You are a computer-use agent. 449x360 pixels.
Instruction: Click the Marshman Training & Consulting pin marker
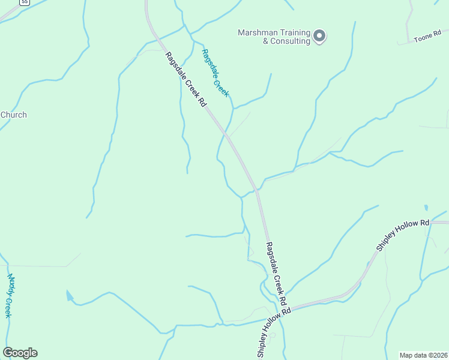[319, 36]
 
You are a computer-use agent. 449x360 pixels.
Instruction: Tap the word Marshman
[256, 32]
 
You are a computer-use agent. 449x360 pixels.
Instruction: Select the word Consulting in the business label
[290, 41]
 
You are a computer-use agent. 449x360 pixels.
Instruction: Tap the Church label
[13, 115]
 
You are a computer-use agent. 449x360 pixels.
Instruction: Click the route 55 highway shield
[24, 2]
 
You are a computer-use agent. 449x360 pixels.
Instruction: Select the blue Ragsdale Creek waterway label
[215, 72]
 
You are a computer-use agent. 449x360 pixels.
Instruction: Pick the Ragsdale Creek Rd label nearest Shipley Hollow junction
[277, 274]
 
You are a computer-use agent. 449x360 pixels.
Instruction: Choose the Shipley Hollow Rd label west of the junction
[274, 332]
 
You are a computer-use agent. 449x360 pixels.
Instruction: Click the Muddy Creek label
[9, 296]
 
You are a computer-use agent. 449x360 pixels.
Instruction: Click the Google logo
[20, 353]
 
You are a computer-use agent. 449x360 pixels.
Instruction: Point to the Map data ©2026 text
[423, 355]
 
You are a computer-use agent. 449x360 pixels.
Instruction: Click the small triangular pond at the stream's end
[70, 295]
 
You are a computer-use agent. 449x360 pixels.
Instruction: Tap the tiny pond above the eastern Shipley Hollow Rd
[426, 208]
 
